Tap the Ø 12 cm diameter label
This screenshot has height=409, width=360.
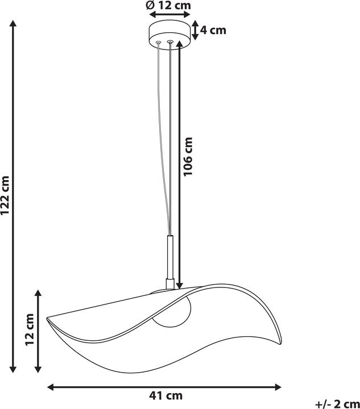[168, 6]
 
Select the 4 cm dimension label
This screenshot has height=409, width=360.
[214, 30]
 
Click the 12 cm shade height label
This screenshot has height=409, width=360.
[30, 330]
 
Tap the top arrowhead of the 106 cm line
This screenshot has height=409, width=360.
[180, 48]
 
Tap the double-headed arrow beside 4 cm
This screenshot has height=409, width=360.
[195, 30]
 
